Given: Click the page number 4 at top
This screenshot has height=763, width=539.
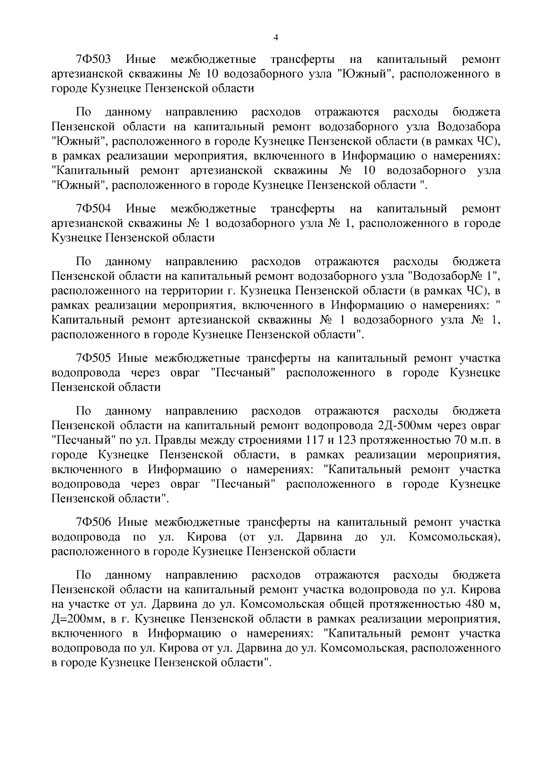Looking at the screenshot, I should click(x=276, y=38).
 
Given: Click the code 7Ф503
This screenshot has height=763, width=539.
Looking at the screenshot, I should click(x=93, y=59).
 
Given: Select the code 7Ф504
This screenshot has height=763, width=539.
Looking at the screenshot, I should click(x=93, y=208).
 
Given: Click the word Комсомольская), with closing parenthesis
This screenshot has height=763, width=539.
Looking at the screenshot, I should click(x=454, y=537).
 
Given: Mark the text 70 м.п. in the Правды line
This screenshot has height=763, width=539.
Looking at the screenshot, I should click(x=473, y=440).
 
